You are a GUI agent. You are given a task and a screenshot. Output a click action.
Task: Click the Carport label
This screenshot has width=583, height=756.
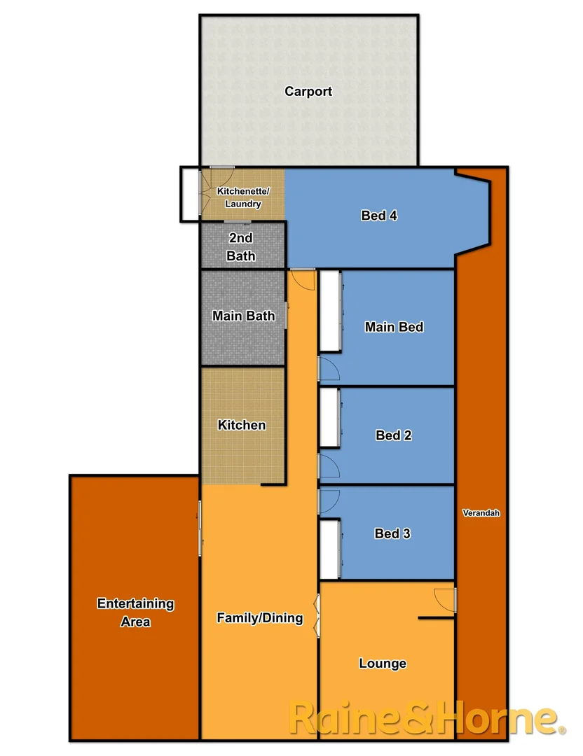pyautogui.click(x=308, y=91)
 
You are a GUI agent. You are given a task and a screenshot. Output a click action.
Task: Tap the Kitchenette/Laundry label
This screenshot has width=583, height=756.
pyautogui.click(x=242, y=197)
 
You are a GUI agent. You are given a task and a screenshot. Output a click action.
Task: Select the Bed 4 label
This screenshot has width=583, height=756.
pyautogui.click(x=379, y=216)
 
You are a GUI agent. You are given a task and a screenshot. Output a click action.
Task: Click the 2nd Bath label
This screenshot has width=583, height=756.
pyautogui.click(x=241, y=247)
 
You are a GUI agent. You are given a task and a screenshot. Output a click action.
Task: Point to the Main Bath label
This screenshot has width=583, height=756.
pyautogui.click(x=244, y=316)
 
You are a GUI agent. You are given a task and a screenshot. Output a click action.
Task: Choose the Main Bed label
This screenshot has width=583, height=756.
pyautogui.click(x=394, y=327)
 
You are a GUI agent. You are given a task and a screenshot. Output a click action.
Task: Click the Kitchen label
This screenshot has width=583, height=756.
pyautogui.click(x=242, y=425)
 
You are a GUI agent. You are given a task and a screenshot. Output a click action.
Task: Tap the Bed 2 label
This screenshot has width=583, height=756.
pyautogui.click(x=393, y=435)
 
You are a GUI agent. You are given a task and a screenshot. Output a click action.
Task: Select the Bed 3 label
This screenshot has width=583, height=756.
pyautogui.click(x=392, y=533)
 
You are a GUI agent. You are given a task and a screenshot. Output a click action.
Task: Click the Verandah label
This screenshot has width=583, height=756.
pyautogui.click(x=481, y=513)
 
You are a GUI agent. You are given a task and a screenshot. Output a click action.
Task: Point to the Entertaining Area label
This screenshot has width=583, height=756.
pyautogui.click(x=135, y=612)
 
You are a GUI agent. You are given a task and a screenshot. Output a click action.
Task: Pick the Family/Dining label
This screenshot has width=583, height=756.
pyautogui.click(x=259, y=617)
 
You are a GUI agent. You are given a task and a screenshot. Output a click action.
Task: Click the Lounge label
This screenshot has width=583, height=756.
pyautogui.click(x=383, y=664)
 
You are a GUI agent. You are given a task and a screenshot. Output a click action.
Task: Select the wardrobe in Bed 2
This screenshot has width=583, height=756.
pyautogui.click(x=329, y=417)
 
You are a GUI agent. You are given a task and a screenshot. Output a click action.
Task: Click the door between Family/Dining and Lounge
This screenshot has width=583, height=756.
pyautogui.click(x=317, y=615)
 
